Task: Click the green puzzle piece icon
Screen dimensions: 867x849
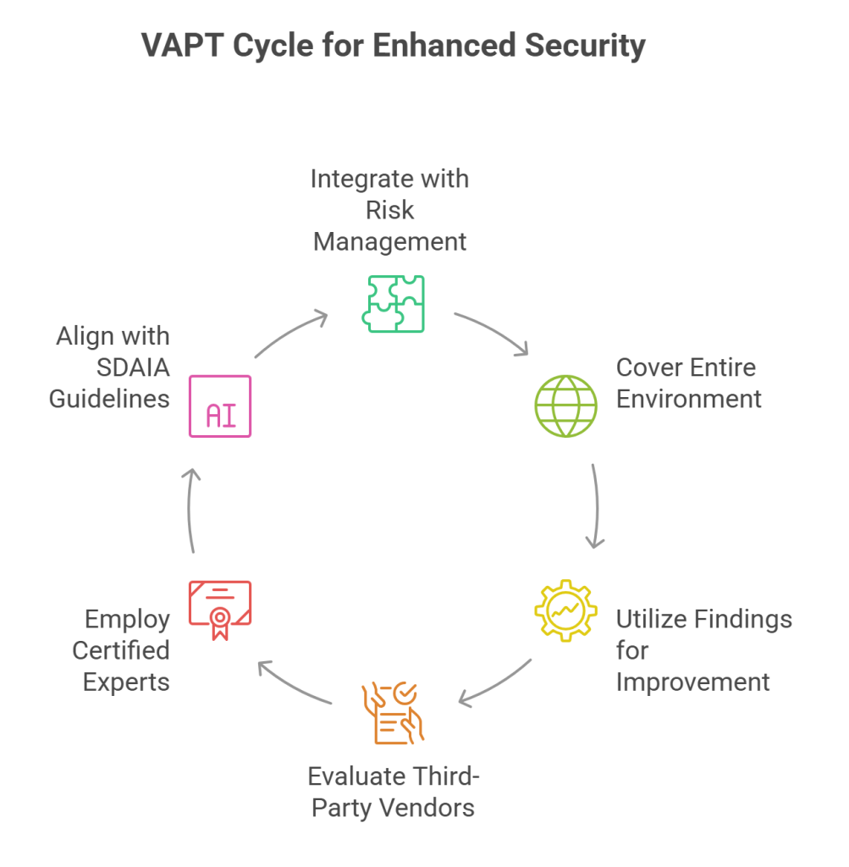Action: (x=393, y=302)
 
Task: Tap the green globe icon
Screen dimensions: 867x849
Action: (x=565, y=406)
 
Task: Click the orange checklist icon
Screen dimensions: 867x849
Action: (x=392, y=712)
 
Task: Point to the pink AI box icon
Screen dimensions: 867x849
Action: (x=220, y=406)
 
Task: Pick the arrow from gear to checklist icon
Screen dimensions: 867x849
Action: (x=495, y=682)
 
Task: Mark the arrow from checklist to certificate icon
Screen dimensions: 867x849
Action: (x=294, y=682)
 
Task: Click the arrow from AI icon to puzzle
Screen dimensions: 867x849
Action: (x=290, y=334)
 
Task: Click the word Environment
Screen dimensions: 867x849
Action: (x=689, y=398)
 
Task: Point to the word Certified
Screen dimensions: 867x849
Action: (x=121, y=650)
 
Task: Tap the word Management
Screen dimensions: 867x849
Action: (x=389, y=241)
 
